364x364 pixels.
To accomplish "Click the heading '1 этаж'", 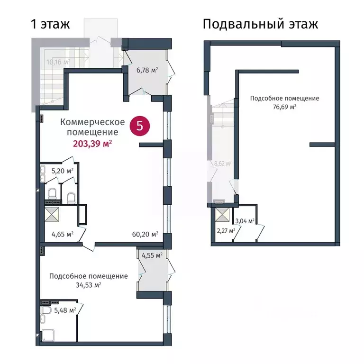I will click(50, 24).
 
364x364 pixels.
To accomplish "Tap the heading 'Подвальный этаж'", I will click(260, 24).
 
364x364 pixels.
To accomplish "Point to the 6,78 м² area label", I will click(147, 71).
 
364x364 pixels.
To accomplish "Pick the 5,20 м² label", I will click(63, 171).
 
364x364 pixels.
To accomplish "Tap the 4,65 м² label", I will click(62, 234).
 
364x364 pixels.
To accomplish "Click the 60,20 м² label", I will click(145, 234).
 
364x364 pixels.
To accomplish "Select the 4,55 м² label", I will click(152, 255).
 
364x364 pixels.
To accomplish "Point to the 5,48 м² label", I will click(65, 310).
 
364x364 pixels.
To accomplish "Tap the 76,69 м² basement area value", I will click(284, 107).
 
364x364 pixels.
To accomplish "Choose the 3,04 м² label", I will click(245, 220).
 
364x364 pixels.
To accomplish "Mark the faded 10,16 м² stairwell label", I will click(57, 62).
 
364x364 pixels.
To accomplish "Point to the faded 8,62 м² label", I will click(222, 164).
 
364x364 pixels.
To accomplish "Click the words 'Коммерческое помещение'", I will click(92, 127).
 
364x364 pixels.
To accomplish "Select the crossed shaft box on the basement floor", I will click(221, 216).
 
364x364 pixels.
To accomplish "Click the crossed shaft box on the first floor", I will click(52, 214).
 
